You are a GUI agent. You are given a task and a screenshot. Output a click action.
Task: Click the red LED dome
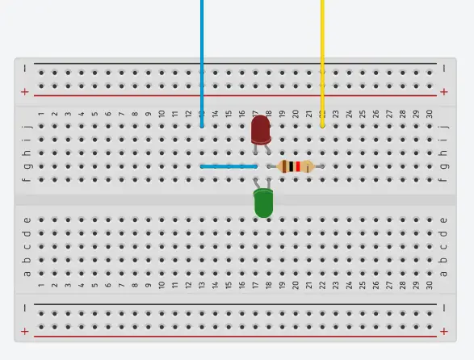coord(261,129)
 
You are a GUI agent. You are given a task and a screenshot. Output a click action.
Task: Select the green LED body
coord(263,203)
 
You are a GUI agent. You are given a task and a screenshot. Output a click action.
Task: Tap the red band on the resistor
coord(298,166)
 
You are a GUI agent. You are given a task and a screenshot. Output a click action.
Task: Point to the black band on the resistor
coord(292,166)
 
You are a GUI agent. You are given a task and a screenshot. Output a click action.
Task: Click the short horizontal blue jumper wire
coord(229,166)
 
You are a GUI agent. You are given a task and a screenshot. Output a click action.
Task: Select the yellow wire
coord(322,64)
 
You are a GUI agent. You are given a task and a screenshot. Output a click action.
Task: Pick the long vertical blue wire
coord(202,64)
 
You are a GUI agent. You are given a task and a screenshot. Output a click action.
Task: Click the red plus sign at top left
coord(25,91)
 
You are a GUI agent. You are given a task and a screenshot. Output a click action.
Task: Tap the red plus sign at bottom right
coord(444,332)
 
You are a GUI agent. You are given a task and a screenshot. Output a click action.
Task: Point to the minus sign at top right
coord(444,69)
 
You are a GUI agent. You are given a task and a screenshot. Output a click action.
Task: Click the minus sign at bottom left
coord(25,308)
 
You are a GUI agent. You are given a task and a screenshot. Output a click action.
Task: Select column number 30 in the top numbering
coord(430,114)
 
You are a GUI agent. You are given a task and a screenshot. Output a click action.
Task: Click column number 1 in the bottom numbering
coord(41,285)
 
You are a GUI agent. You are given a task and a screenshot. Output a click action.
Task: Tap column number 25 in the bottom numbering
coord(363,285)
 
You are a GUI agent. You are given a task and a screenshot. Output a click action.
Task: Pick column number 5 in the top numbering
coord(95,114)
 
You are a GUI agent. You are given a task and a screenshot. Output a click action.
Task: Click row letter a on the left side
coord(27,274)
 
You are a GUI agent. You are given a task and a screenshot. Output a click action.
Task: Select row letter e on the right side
coord(443,220)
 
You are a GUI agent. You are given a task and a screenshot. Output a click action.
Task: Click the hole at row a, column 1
coord(41,274)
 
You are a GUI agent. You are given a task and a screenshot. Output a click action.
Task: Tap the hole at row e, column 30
coord(430,220)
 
